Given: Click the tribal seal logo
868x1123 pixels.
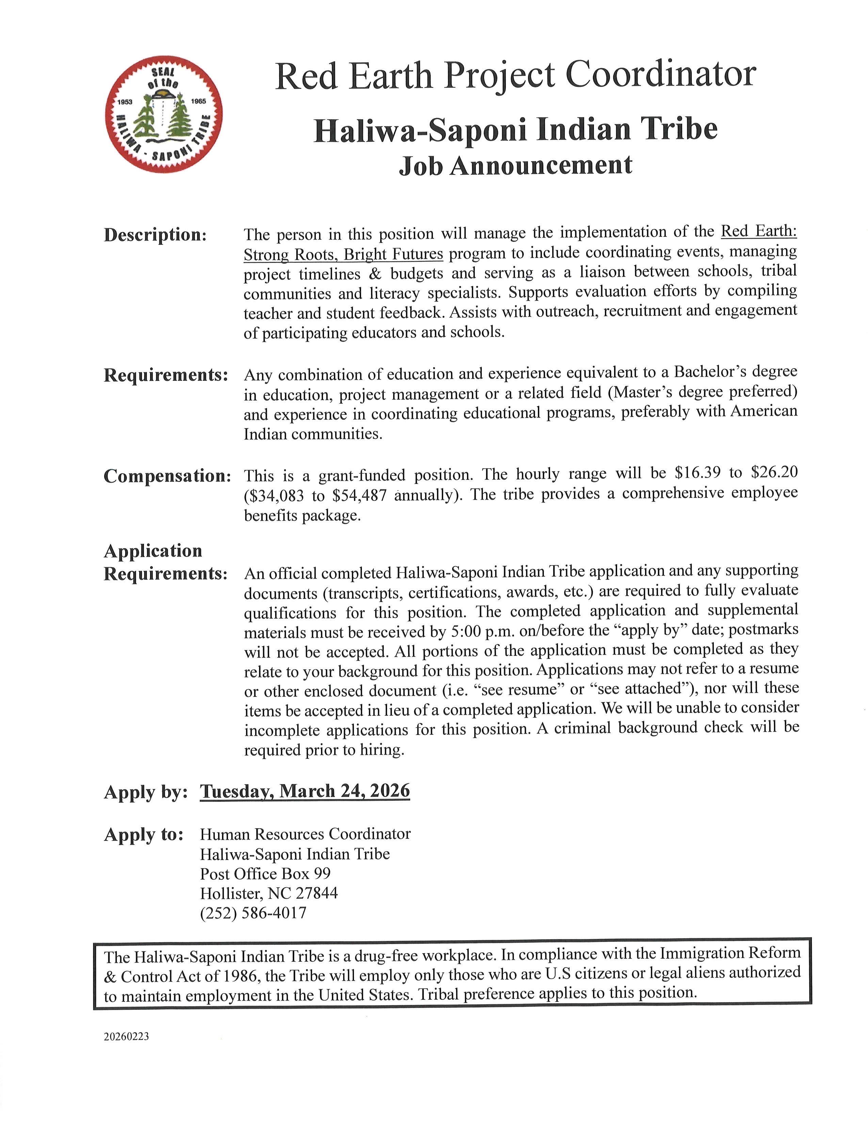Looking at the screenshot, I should (x=163, y=114).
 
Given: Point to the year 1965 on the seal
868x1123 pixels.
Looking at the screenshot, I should (x=198, y=101).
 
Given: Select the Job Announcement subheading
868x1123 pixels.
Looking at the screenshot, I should (x=515, y=166).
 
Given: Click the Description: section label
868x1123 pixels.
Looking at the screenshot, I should (x=155, y=235).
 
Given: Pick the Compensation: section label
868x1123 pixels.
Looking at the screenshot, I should (x=167, y=476).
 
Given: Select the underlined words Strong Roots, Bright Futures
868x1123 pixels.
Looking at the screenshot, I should (x=343, y=254).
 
